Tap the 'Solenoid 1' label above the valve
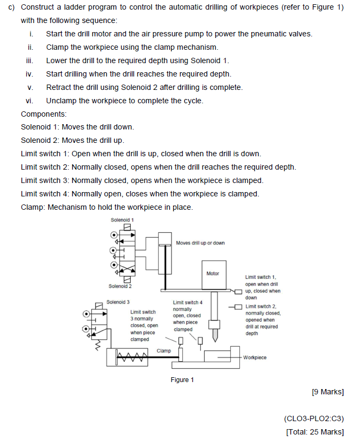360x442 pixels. pos(122,220)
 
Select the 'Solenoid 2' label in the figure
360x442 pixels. pos(120,286)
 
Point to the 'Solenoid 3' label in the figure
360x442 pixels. pos(118,302)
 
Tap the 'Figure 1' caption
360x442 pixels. pos(182,380)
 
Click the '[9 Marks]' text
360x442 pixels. pos(327,392)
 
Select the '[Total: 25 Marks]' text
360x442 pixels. pos(315,432)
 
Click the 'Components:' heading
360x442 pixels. pos(44,114)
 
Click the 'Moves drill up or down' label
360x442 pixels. pos(200,243)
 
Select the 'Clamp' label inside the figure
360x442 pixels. pos(164,351)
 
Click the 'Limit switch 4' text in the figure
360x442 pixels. pos(187,302)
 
